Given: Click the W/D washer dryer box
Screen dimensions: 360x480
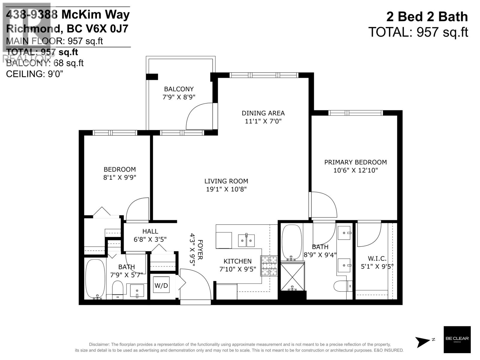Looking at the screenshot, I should click(x=161, y=285).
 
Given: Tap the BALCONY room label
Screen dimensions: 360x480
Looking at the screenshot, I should click(x=179, y=89).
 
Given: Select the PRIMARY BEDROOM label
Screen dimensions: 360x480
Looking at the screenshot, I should click(x=355, y=162).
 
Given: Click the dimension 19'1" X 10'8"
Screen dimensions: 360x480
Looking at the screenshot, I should click(x=226, y=189).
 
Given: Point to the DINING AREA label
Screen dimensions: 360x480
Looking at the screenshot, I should click(x=263, y=113).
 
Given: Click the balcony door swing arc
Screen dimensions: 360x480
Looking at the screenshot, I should click(x=198, y=115).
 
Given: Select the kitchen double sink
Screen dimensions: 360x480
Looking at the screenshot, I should click(x=246, y=240).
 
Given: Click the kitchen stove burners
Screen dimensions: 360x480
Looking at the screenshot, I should click(x=269, y=265).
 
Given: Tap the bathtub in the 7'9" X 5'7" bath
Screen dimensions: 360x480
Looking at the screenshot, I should click(x=95, y=278).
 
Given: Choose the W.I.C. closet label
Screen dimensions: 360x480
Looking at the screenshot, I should click(x=377, y=259).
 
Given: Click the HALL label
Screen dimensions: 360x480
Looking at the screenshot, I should click(x=150, y=231).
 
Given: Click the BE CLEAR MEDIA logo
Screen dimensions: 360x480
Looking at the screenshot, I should click(x=457, y=339).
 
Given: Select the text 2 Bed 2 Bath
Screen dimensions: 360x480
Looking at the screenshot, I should click(x=427, y=16).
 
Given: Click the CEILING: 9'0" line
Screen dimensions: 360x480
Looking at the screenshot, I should click(x=35, y=74).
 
